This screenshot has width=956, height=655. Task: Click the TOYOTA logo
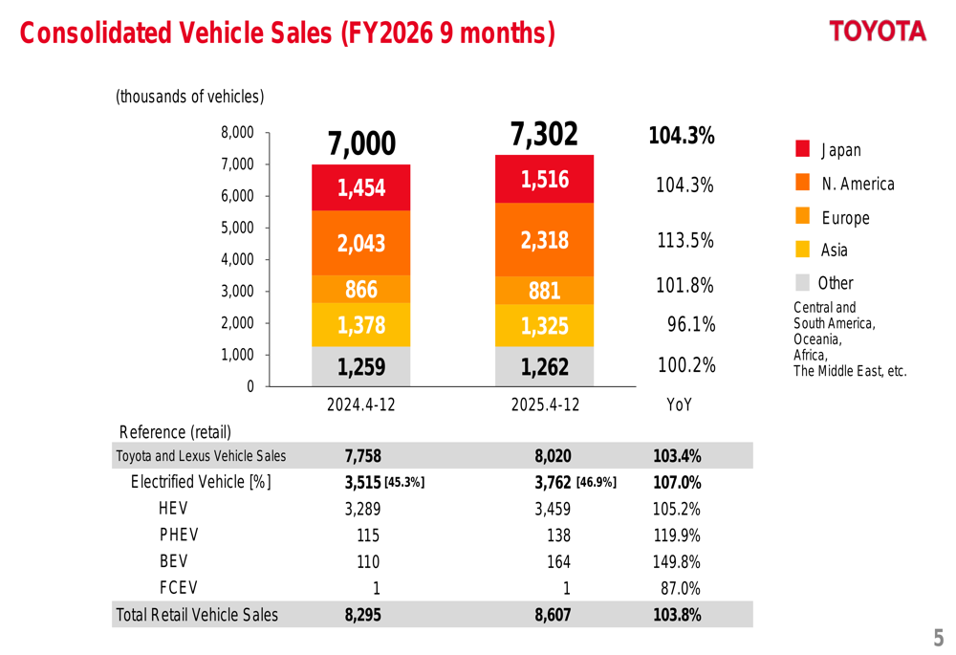[x=878, y=32]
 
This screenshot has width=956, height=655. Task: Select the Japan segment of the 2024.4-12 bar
[x=361, y=187]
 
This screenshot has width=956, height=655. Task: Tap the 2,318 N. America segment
[x=544, y=241]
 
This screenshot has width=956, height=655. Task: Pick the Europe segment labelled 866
[x=361, y=290]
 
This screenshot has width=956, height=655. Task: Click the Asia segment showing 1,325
[x=544, y=326]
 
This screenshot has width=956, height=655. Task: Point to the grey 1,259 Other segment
[x=361, y=366]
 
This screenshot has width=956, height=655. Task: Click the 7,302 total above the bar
[x=544, y=136]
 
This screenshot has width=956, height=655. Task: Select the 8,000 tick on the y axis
[x=239, y=133]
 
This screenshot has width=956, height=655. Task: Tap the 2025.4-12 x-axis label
[x=544, y=404]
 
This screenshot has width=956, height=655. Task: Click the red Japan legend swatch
[x=803, y=149]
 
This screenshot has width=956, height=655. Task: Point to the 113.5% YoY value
[x=685, y=241]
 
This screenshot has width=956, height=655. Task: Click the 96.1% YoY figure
[x=691, y=325]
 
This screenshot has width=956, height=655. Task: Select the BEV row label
[x=173, y=561]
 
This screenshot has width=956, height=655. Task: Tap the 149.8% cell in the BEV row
[x=676, y=561]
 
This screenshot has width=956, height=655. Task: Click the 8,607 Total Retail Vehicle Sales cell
[x=553, y=615]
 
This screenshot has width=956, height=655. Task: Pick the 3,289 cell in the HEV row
[x=362, y=509]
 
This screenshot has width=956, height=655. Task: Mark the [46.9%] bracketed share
[x=597, y=483]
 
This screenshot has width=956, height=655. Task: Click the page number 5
[x=938, y=638]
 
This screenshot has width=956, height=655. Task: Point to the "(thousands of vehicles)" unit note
[x=189, y=97]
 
